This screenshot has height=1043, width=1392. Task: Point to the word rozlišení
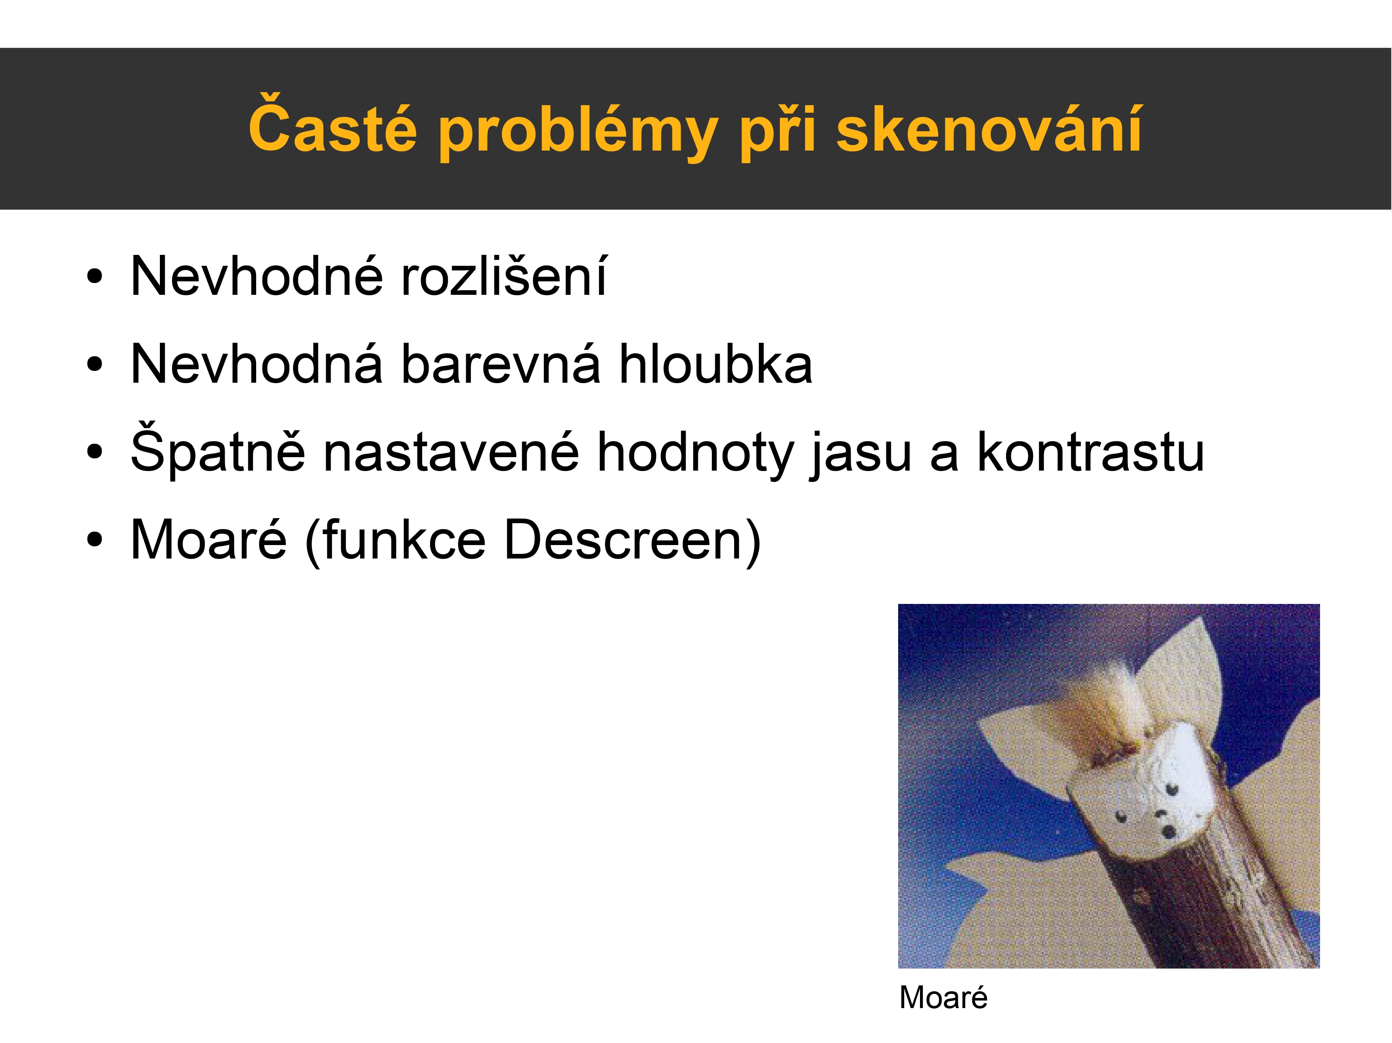pos(504,276)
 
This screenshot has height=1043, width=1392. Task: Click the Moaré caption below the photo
pos(943,998)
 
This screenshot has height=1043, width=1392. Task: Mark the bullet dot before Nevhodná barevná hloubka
pos(94,365)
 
